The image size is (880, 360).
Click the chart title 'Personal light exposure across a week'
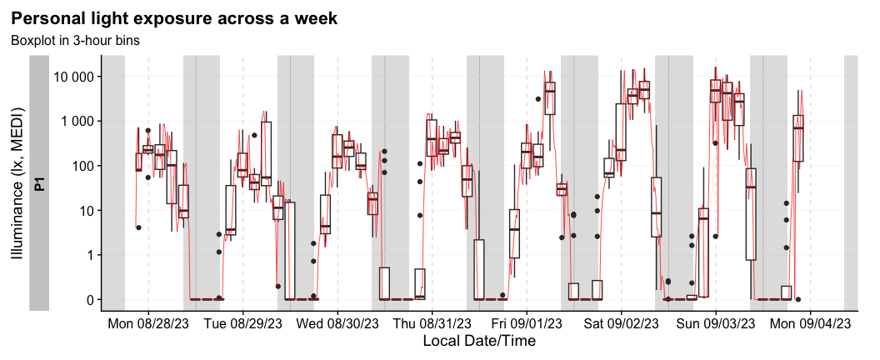pyautogui.click(x=173, y=18)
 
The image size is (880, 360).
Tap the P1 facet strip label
pyautogui.click(x=39, y=182)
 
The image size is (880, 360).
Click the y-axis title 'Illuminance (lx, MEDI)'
pyautogui.click(x=17, y=182)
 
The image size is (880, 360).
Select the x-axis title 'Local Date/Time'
pyautogui.click(x=478, y=341)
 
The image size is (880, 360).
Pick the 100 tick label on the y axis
pyautogui.click(x=81, y=166)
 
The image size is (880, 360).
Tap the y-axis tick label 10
pyautogui.click(x=85, y=210)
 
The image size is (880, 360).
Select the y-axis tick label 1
pyautogui.click(x=88, y=255)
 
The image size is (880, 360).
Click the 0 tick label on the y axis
pyautogui.click(x=88, y=299)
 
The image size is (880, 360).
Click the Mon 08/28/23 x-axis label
pyautogui.click(x=148, y=322)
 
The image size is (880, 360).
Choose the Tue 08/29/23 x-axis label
pyautogui.click(x=243, y=322)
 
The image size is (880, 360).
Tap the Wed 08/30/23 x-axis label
pyautogui.click(x=337, y=322)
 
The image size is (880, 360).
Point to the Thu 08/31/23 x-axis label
pyautogui.click(x=432, y=322)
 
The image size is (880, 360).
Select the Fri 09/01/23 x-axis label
pyautogui.click(x=527, y=322)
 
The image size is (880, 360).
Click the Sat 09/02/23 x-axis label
pyautogui.click(x=621, y=322)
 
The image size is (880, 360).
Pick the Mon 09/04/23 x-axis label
pyautogui.click(x=810, y=322)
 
